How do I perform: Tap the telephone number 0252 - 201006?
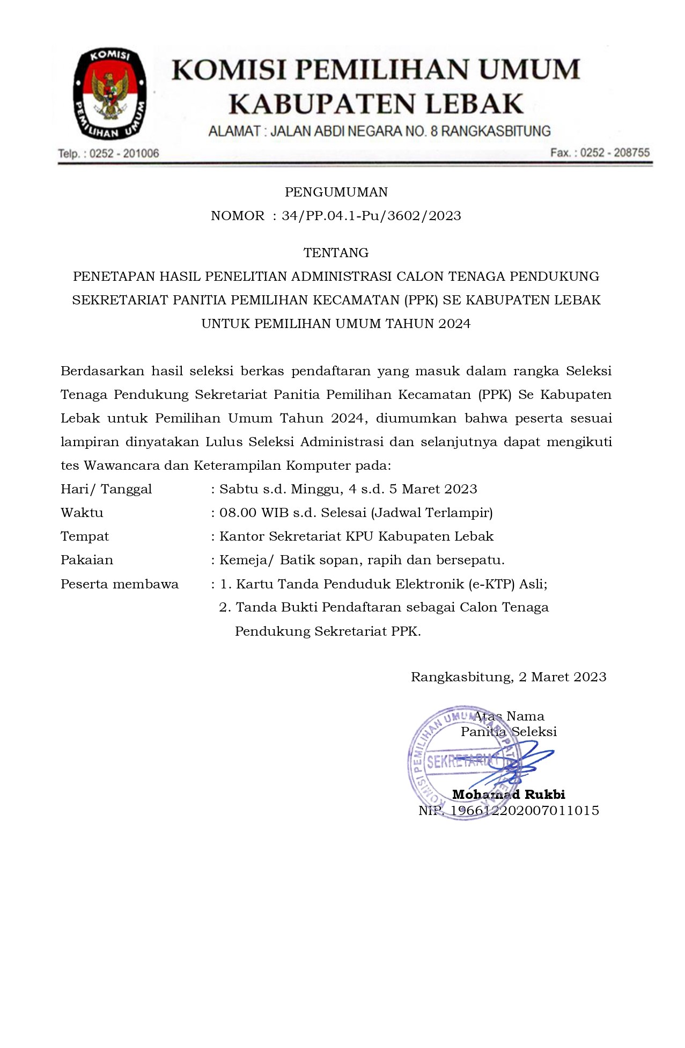pos(124,154)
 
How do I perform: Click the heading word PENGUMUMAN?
pos(336,192)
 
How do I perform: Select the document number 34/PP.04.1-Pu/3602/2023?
pos(371,216)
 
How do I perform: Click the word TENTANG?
pos(336,252)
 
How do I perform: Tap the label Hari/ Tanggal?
pos(106,489)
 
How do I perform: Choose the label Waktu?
pos(82,513)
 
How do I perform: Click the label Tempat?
pos(85,536)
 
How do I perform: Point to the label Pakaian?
pos(87,560)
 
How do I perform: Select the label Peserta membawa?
pos(120,584)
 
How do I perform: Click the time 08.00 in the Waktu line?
pos(238,513)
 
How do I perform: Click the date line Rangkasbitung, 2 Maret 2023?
pos(509,677)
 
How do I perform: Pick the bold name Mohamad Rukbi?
pos(509,795)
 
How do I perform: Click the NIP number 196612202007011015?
pos(525,811)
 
